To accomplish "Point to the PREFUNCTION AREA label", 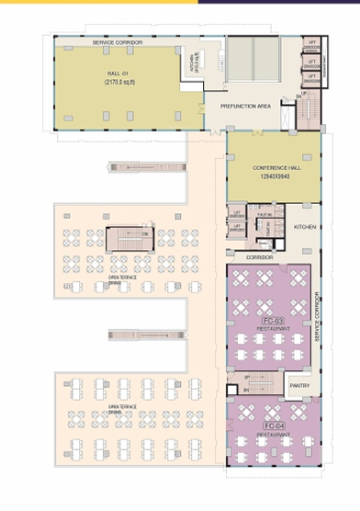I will pyautogui.click(x=244, y=107).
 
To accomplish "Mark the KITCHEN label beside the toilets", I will pyautogui.click(x=305, y=225).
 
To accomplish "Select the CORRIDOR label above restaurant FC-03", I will pyautogui.click(x=259, y=258).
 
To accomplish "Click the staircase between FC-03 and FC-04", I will pyautogui.click(x=262, y=381).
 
